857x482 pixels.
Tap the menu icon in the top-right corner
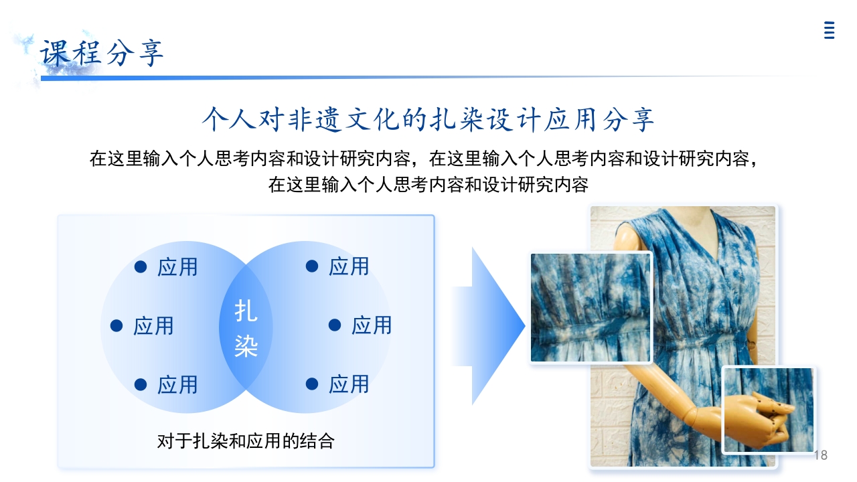click(829, 31)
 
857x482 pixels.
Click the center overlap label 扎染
click(246, 328)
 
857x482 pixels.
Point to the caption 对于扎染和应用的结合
click(246, 441)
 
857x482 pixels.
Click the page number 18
click(820, 455)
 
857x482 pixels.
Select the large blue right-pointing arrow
click(489, 326)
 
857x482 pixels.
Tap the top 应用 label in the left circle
click(177, 267)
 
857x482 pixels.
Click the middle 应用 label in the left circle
click(153, 326)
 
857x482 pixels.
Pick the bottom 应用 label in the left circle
click(177, 385)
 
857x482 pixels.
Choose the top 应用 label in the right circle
click(349, 266)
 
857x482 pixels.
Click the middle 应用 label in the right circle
click(372, 325)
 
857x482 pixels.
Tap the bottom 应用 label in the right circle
click(349, 384)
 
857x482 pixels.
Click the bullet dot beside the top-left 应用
click(141, 266)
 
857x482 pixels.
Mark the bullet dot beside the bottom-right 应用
click(312, 384)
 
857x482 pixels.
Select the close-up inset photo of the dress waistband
click(591, 308)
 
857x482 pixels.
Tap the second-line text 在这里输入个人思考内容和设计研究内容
click(428, 185)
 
